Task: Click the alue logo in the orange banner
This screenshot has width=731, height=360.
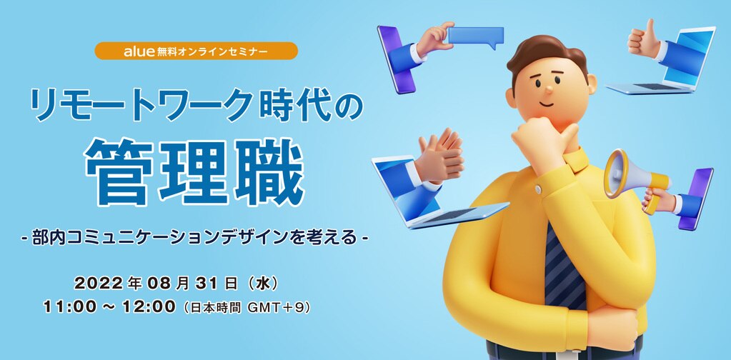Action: click(x=139, y=51)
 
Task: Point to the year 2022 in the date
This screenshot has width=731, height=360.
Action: click(x=98, y=283)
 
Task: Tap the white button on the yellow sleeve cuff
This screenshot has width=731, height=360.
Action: click(x=539, y=189)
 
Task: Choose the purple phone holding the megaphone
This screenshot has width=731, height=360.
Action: click(x=695, y=199)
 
